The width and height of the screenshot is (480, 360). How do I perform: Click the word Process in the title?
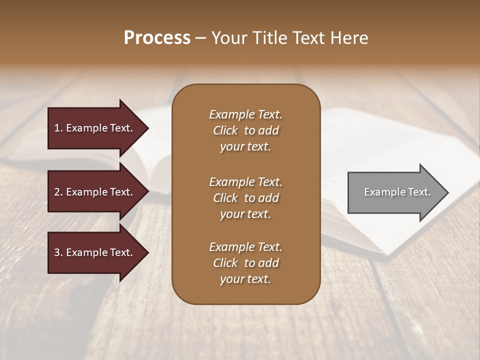click(x=157, y=38)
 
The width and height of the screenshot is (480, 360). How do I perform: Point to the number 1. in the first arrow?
click(x=58, y=128)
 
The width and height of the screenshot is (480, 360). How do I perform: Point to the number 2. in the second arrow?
click(x=58, y=192)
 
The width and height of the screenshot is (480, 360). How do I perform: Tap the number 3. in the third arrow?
click(x=58, y=252)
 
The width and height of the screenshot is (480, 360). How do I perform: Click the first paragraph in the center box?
click(x=245, y=130)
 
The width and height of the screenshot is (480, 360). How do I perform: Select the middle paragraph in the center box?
click(x=245, y=198)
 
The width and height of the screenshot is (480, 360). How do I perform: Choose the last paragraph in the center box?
click(x=245, y=263)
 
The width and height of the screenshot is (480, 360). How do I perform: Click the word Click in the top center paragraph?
click(x=225, y=130)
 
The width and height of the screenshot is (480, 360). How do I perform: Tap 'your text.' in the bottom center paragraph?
click(x=245, y=279)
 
